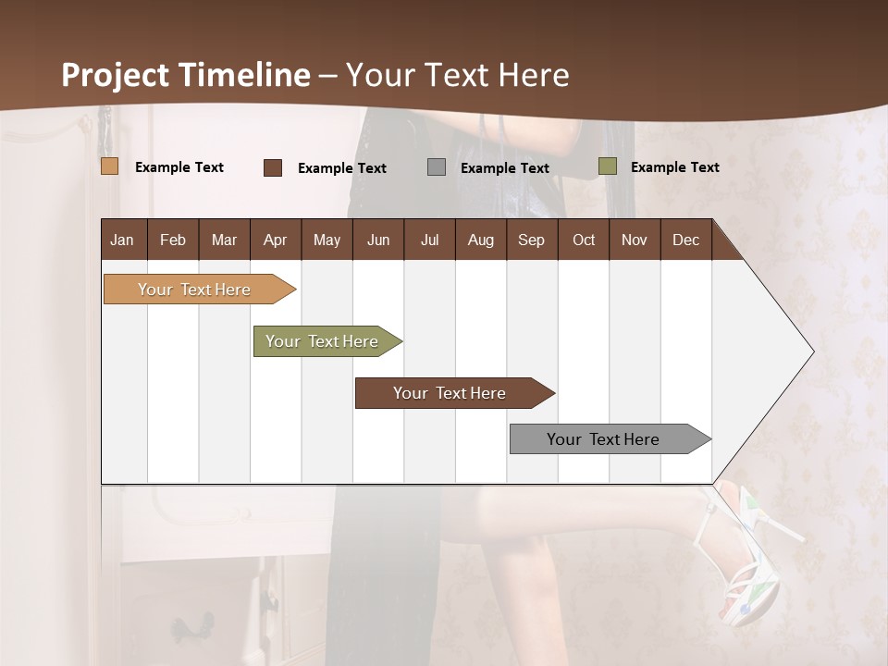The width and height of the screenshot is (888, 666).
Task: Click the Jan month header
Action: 122,240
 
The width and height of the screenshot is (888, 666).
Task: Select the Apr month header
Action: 275,240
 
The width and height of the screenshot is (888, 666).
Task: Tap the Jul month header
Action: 429,240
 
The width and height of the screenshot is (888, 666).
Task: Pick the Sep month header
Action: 531,240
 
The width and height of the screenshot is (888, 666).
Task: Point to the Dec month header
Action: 685,240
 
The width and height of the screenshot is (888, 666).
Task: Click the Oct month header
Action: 583,240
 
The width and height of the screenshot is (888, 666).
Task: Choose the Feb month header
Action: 173,240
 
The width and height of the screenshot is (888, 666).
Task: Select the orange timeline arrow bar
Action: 195,290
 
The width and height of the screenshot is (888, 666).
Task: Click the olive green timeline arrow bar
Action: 323,341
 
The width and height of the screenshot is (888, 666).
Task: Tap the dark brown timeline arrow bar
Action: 450,393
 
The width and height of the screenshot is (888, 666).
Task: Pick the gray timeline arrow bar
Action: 604,439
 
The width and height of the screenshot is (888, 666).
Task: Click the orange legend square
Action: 110,166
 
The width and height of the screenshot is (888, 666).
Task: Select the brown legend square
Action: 273,167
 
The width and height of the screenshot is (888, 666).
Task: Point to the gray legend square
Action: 437,167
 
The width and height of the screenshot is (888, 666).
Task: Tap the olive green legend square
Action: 607,166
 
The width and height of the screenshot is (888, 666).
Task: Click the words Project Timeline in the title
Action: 185,75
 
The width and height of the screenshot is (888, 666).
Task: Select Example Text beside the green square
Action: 674,166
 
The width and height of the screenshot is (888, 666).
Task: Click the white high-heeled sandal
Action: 751,564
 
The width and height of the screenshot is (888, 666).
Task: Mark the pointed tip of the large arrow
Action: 812,351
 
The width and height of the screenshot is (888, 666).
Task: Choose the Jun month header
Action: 377,240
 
